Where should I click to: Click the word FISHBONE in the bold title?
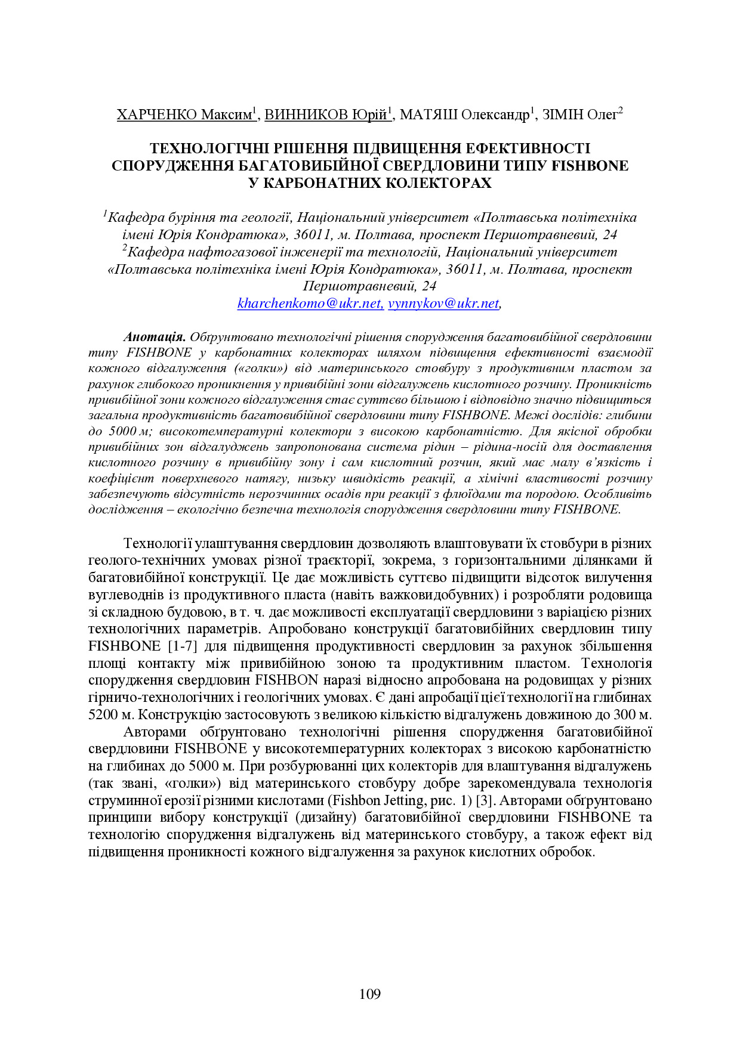point(590,166)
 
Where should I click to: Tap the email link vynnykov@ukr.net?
point(443,304)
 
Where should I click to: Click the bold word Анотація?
point(155,337)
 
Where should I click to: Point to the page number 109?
point(370,994)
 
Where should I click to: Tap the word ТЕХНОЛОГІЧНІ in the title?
point(206,148)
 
